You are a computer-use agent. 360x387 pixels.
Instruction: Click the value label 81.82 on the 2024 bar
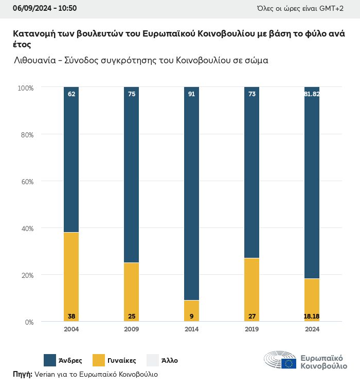click(312, 94)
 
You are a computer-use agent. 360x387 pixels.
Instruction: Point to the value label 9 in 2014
click(191, 316)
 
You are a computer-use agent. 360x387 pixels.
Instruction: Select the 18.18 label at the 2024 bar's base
click(312, 316)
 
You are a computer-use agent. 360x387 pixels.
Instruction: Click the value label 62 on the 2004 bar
click(71, 94)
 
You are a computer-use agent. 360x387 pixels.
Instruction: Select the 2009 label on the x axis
click(131, 330)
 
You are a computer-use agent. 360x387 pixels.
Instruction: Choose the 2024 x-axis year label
click(312, 330)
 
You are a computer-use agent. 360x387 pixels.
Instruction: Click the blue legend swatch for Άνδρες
click(50, 360)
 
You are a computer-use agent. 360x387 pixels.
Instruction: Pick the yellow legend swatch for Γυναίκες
click(98, 360)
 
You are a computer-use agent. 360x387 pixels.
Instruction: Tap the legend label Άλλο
click(169, 361)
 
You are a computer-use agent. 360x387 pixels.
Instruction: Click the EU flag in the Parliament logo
click(289, 363)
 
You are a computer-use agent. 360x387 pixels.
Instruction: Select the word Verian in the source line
click(45, 374)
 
